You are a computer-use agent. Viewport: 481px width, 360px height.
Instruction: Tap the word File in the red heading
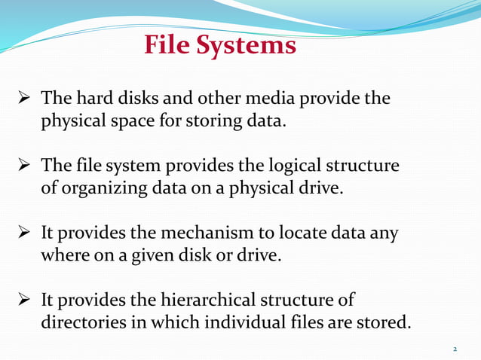[x=167, y=46]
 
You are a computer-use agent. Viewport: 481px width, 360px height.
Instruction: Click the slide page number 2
[x=455, y=349]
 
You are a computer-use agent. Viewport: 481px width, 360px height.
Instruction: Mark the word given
[x=149, y=255]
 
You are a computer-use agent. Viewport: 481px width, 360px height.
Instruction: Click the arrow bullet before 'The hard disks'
[x=24, y=99]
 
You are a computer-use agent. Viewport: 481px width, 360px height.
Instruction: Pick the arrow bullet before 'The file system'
[x=24, y=166]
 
